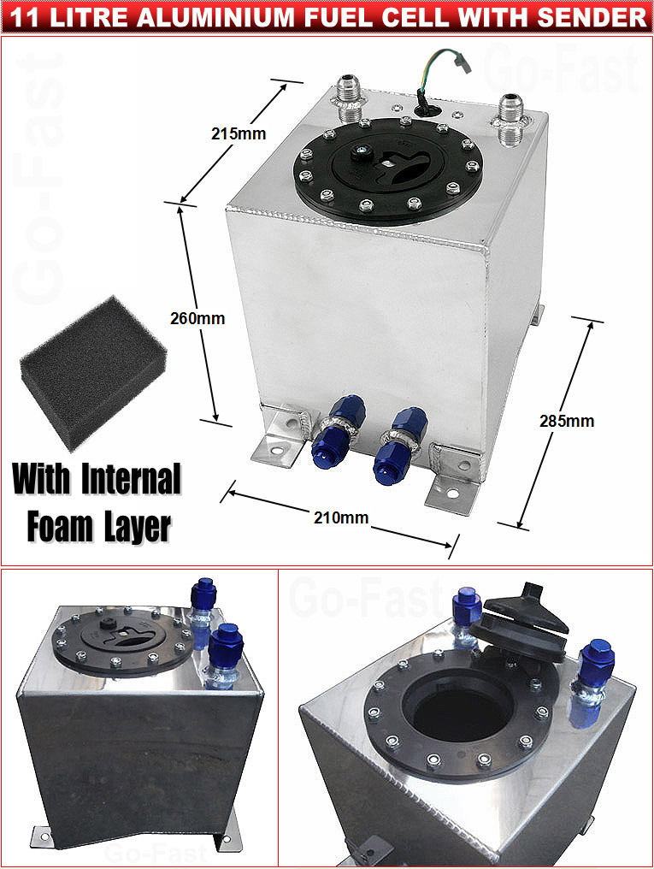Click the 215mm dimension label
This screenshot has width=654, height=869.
point(239,133)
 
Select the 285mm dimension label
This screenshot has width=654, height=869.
point(567,421)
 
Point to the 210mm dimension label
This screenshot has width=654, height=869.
point(341,517)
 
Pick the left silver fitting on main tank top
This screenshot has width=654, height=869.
point(351,97)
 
